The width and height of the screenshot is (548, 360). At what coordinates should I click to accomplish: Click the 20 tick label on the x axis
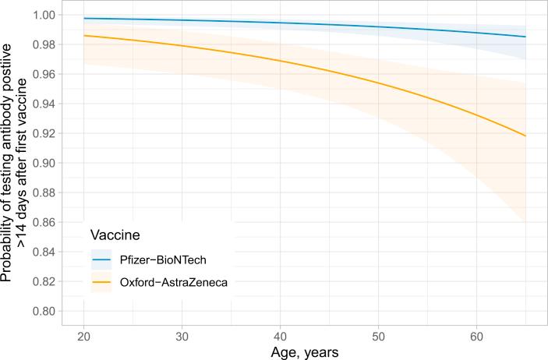(83, 335)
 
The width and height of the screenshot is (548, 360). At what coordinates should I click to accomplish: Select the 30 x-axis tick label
(182, 335)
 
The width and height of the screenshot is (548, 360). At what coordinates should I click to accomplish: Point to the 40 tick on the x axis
(280, 335)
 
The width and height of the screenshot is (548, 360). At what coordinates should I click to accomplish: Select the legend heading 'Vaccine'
(115, 235)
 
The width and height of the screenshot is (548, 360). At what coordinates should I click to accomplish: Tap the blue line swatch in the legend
(102, 258)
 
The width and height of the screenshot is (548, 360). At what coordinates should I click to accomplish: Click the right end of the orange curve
(526, 136)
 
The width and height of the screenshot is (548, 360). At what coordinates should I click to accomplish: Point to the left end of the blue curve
(83, 18)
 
